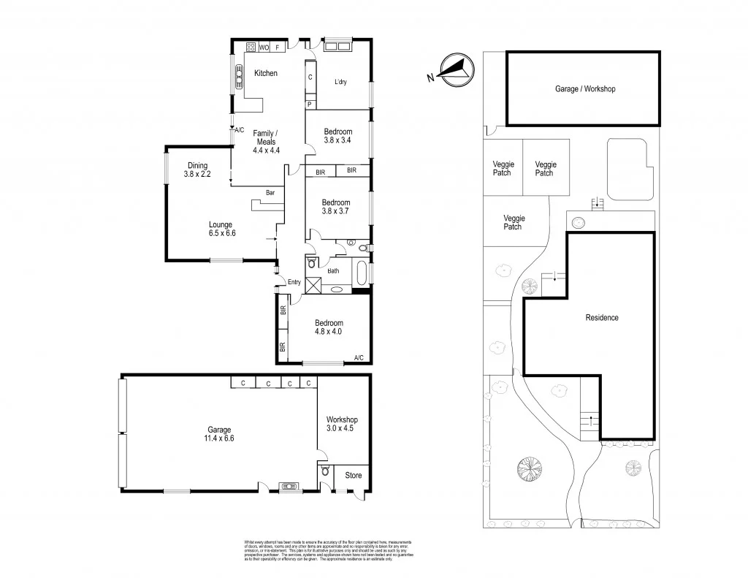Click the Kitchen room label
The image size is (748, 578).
(x=265, y=73)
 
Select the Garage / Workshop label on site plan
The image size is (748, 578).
(x=585, y=89)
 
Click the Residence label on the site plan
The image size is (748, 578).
(x=602, y=318)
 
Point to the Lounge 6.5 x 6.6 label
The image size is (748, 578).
(x=221, y=229)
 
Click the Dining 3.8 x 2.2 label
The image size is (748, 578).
(x=197, y=170)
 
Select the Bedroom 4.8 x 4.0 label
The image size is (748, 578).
(x=328, y=327)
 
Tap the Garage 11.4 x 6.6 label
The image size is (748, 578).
(x=219, y=434)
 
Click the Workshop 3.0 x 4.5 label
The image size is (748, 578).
(x=342, y=424)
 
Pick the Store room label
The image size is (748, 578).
(x=353, y=476)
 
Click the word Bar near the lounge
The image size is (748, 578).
(x=270, y=193)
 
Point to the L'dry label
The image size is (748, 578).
(x=340, y=82)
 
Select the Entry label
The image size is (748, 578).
(x=294, y=282)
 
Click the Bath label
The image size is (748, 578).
(x=333, y=271)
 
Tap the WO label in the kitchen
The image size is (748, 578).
(x=264, y=47)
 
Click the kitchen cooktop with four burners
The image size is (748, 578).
(x=250, y=47)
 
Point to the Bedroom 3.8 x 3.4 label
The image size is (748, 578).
(x=337, y=136)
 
